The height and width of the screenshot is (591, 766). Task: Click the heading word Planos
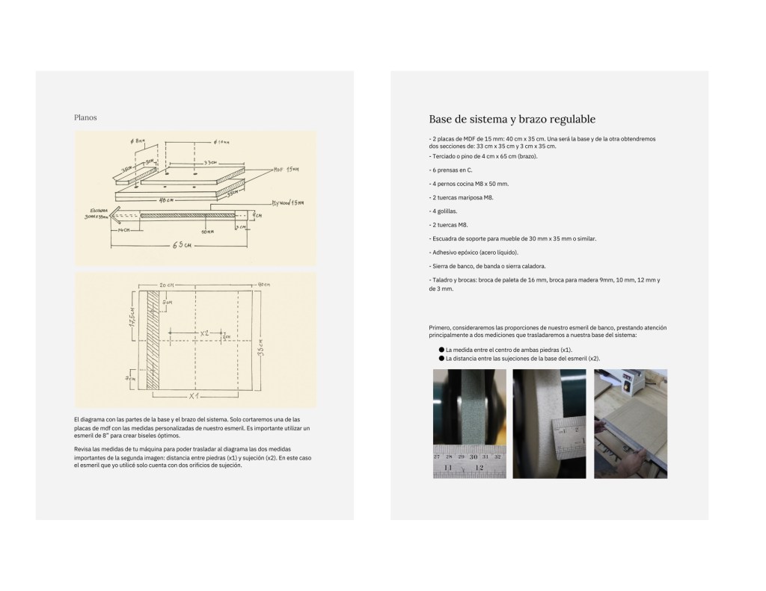click(x=85, y=117)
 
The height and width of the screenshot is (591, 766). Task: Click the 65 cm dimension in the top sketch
click(x=183, y=246)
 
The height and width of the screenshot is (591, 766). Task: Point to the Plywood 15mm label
click(x=287, y=202)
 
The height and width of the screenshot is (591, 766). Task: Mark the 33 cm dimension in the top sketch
click(x=212, y=162)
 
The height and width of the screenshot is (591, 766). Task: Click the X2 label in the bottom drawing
click(x=203, y=333)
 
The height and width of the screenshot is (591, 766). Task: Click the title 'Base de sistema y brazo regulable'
click(x=512, y=120)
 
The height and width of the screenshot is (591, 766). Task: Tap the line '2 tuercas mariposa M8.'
click(x=462, y=197)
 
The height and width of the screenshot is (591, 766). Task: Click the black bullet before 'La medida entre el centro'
click(x=441, y=350)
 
